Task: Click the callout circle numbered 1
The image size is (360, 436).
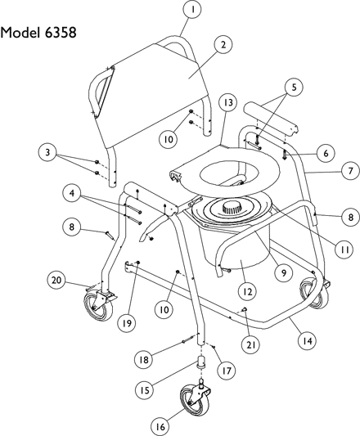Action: (192, 9)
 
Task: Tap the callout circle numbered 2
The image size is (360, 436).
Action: (223, 45)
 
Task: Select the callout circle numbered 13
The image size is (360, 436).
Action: (227, 102)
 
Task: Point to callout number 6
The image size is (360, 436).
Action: (326, 153)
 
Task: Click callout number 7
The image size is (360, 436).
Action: (350, 170)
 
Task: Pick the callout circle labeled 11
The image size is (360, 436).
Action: (344, 250)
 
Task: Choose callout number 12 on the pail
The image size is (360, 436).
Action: (248, 292)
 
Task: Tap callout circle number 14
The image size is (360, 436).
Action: (307, 341)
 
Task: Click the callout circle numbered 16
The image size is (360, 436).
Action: (160, 426)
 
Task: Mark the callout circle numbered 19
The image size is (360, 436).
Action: (127, 323)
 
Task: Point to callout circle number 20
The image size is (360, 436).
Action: (56, 280)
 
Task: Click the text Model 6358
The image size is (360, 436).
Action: (38, 33)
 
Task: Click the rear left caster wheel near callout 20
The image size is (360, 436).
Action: (99, 305)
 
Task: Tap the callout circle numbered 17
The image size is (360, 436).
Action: (227, 371)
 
